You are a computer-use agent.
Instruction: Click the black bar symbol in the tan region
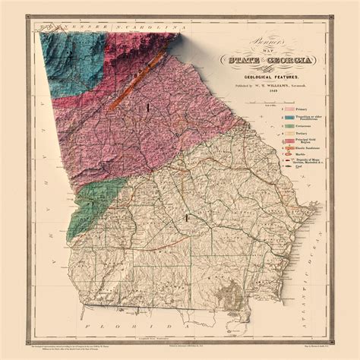186,219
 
